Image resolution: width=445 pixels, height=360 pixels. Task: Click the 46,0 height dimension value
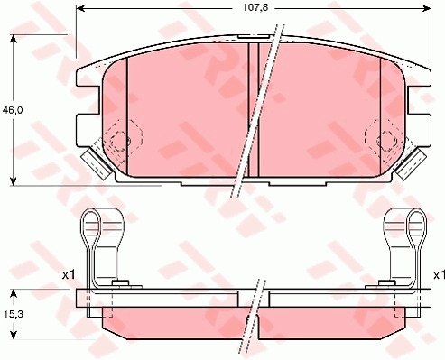13,110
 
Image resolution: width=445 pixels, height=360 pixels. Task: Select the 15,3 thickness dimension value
14,314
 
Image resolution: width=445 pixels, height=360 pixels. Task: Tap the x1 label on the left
69,274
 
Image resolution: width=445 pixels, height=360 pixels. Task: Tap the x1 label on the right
439,274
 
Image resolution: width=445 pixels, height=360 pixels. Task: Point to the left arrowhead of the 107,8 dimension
80,8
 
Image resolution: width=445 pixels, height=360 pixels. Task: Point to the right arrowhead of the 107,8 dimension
427,8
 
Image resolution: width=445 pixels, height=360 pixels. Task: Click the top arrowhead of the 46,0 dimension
13,39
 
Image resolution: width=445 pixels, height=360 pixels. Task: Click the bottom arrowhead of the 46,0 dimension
13,181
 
